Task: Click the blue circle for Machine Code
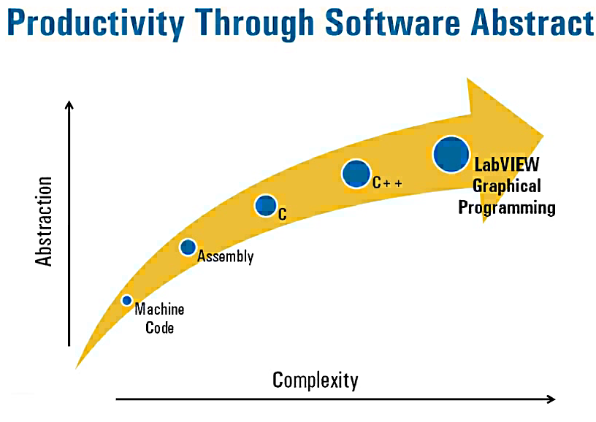tap(127, 301)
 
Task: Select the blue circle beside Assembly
tap(188, 248)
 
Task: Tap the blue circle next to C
tap(265, 205)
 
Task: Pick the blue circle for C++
tap(356, 174)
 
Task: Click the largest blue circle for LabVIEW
tap(451, 154)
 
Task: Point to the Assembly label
tap(226, 256)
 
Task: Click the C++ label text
tap(387, 183)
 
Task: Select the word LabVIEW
tap(507, 164)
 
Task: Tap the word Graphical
tap(507, 186)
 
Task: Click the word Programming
tap(507, 208)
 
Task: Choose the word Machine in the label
tap(160, 309)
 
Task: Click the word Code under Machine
tap(160, 328)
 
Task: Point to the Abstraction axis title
tap(43, 221)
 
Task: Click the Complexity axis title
tap(315, 380)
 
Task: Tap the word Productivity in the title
tap(96, 23)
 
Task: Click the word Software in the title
tap(393, 22)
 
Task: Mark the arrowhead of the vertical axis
tap(69, 101)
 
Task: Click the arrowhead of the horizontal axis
tap(554, 399)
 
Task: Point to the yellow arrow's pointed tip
tap(543, 136)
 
